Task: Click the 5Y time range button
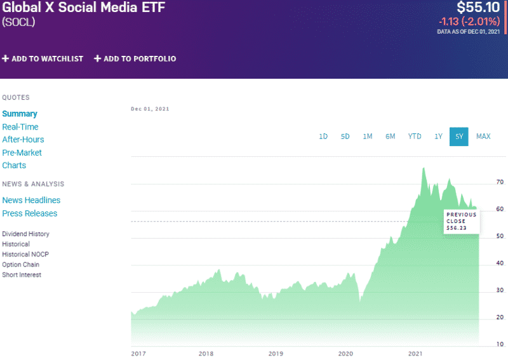coord(458,137)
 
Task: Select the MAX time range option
coord(483,137)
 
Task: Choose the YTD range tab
coord(415,137)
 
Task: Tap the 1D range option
coord(323,137)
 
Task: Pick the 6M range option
coord(390,137)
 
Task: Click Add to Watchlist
coord(43,58)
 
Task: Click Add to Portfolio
coord(135,58)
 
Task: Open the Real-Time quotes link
coord(20,127)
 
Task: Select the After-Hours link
coord(23,140)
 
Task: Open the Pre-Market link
coord(22,152)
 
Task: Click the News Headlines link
coord(31,200)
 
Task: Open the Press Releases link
coord(29,213)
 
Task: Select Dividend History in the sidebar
coord(25,234)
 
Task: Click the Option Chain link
coord(20,265)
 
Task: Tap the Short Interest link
coord(22,275)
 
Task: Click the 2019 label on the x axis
coord(275,354)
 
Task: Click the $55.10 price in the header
coord(478,8)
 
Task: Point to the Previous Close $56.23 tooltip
coord(461,221)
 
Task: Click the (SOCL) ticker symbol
coord(18,22)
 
